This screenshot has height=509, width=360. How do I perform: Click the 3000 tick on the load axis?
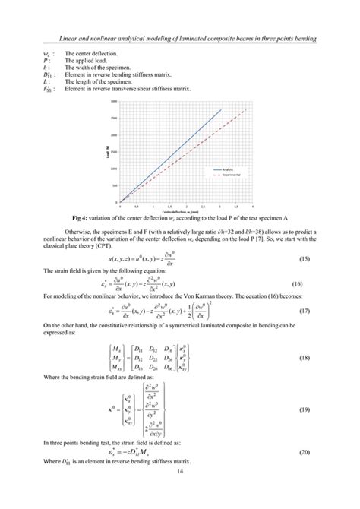pyautogui.click(x=113, y=101)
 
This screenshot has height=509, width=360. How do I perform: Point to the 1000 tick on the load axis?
pyautogui.click(x=113, y=169)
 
